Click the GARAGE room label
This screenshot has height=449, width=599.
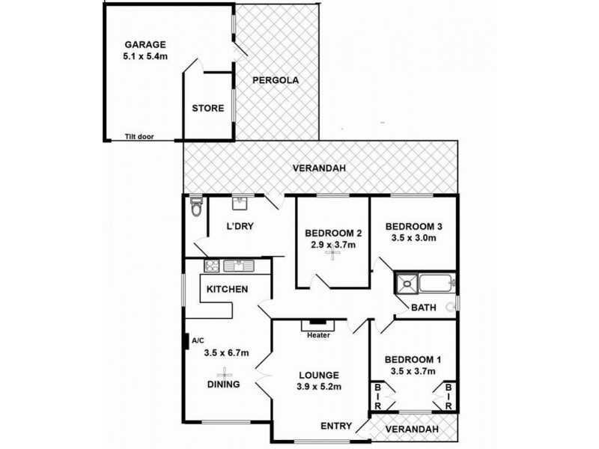point(145,44)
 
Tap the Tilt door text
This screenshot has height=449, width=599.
point(141,137)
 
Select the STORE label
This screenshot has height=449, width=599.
point(207,109)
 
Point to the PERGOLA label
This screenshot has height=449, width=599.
point(270,80)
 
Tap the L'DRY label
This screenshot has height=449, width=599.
point(241,227)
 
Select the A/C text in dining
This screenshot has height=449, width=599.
point(198,340)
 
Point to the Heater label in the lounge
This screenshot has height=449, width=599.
point(318,335)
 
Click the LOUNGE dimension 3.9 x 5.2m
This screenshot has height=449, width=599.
point(318,387)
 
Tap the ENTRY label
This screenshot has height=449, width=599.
point(336,426)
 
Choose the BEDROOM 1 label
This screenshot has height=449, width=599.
point(414,359)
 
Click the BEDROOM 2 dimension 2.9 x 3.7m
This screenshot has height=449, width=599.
point(333,244)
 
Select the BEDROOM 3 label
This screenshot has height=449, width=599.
point(414,226)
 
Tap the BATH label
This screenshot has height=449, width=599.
point(423,307)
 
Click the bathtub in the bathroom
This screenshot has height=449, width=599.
point(435,284)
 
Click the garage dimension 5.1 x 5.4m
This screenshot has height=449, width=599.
point(145,55)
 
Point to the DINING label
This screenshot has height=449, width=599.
point(224,385)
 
